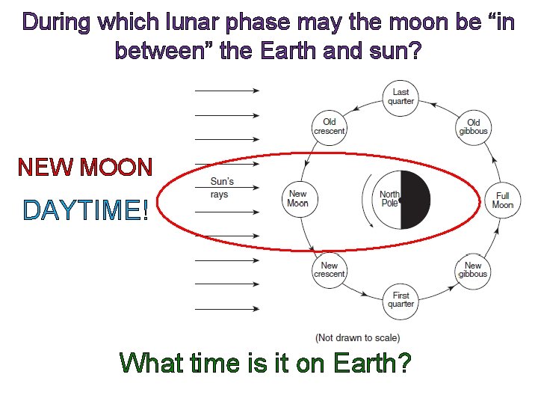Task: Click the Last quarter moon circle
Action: [x=401, y=97]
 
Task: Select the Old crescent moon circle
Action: [x=330, y=126]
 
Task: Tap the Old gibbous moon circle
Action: [x=473, y=126]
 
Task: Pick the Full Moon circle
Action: [x=502, y=199]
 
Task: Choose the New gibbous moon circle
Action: [x=473, y=269]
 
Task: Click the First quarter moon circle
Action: [x=401, y=299]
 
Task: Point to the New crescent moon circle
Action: [x=330, y=269]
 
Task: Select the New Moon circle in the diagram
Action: [x=298, y=198]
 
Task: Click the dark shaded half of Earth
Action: [x=416, y=199]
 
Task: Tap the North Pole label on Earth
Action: [x=389, y=199]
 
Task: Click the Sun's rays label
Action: [x=223, y=187]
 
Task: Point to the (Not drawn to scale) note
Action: [x=357, y=337]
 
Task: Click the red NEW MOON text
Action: [x=85, y=167]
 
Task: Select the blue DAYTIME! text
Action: [x=86, y=211]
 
